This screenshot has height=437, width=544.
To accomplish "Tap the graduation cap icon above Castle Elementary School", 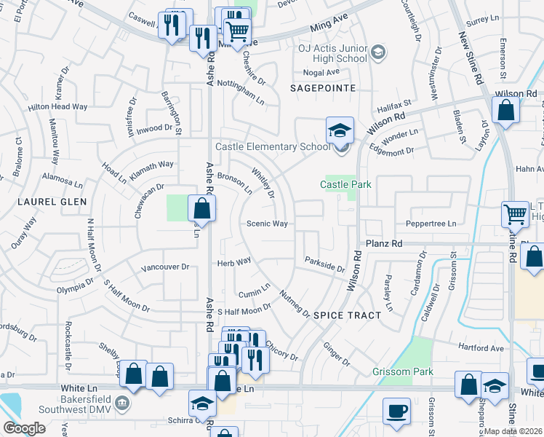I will click(x=340, y=130).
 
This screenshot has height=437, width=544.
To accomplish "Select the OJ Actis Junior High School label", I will click(x=332, y=53).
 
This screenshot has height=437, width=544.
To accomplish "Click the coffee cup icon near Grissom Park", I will click(x=397, y=411).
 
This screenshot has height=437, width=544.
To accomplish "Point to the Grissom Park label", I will click(x=402, y=371).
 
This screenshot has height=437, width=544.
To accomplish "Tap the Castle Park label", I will click(x=346, y=184).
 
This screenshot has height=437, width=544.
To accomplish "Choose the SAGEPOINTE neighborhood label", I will click(x=323, y=87).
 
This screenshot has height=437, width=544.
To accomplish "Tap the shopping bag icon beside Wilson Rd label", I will click(x=505, y=110).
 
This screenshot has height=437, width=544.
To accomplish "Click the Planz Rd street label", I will click(x=384, y=243).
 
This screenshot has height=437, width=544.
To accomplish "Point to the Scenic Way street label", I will click(x=267, y=224).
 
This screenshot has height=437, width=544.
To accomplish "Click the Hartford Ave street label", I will click(x=481, y=348).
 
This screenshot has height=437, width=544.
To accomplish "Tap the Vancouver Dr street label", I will click(x=165, y=267).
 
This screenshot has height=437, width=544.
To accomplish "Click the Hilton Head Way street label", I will click(x=57, y=106).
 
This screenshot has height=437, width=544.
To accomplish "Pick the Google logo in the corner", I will click(x=24, y=428).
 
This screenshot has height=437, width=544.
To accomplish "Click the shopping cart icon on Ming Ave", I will click(x=237, y=31).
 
